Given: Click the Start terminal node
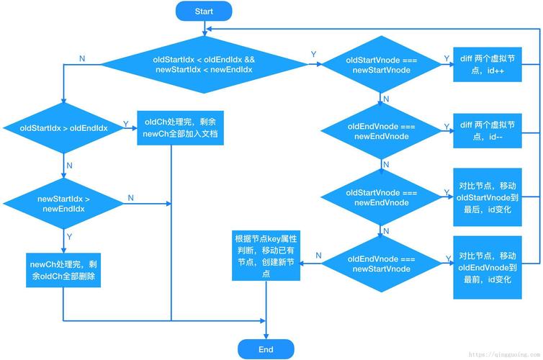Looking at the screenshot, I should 204,11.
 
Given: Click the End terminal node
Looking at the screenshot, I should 266,349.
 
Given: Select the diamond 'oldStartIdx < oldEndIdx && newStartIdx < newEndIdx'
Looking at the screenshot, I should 204,64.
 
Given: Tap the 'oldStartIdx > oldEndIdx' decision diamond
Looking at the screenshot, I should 64,127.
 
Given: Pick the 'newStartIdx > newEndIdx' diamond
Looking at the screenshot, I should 64,203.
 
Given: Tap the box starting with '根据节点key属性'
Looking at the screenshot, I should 262,256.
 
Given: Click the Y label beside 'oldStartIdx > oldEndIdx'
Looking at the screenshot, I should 126,124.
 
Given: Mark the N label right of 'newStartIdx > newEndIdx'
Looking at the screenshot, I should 130,197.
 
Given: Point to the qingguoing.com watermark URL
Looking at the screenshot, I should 503,354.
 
